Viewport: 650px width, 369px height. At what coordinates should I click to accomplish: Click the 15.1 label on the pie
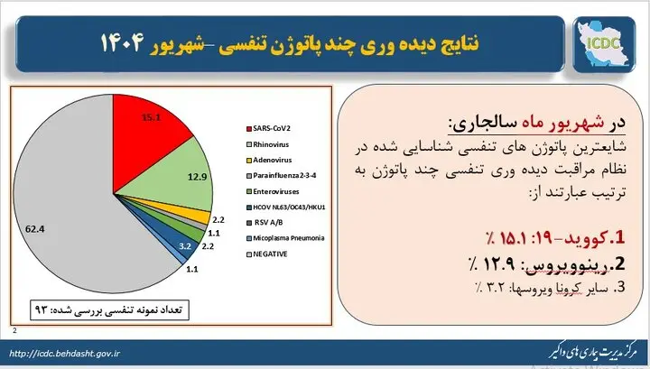point(152,117)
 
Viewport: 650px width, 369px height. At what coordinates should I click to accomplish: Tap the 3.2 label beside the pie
point(185,244)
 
